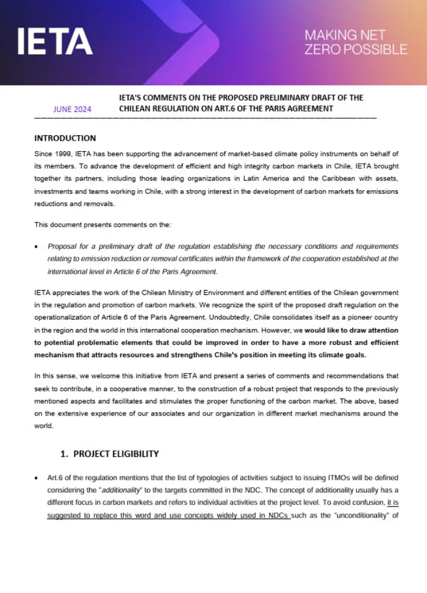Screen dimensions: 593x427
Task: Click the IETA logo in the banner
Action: pyautogui.click(x=55, y=41)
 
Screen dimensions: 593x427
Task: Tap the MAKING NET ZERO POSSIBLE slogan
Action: pyautogui.click(x=356, y=42)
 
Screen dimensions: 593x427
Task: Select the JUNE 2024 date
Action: pyautogui.click(x=72, y=110)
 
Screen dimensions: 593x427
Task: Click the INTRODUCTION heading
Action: pyautogui.click(x=65, y=138)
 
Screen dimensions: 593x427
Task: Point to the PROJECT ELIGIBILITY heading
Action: pyautogui.click(x=116, y=453)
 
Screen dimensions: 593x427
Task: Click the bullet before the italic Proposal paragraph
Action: pyautogui.click(x=37, y=247)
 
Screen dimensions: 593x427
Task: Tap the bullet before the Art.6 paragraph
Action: pyautogui.click(x=37, y=478)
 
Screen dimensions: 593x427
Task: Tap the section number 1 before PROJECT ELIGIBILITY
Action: pyautogui.click(x=63, y=454)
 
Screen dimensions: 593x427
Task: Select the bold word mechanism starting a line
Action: pyautogui.click(x=54, y=355)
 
